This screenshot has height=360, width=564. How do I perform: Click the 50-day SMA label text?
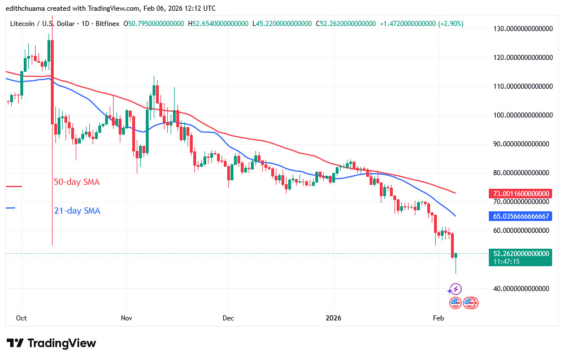(x=76, y=183)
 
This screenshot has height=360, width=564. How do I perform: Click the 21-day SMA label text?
(x=77, y=211)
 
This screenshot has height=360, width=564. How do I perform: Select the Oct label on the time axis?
(x=21, y=318)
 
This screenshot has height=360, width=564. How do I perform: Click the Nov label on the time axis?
(x=127, y=318)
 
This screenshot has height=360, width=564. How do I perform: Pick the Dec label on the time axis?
(x=228, y=318)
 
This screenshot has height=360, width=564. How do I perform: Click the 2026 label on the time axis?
(x=333, y=318)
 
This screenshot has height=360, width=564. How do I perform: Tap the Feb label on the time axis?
(x=437, y=318)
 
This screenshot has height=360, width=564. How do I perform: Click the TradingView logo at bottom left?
(x=51, y=343)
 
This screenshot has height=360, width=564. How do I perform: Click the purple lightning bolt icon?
(x=455, y=289)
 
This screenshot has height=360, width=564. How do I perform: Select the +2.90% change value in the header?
(x=450, y=24)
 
